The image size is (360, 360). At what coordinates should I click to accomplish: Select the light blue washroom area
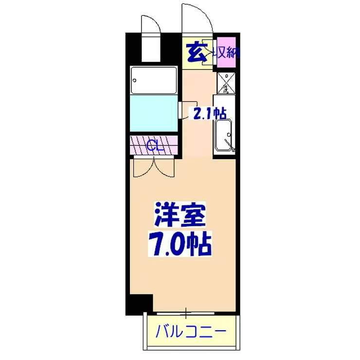(153, 113)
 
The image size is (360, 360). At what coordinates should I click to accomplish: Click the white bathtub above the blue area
(153, 80)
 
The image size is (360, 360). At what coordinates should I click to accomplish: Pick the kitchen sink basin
(224, 134)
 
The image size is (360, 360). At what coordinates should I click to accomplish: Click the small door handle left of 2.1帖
(180, 108)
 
